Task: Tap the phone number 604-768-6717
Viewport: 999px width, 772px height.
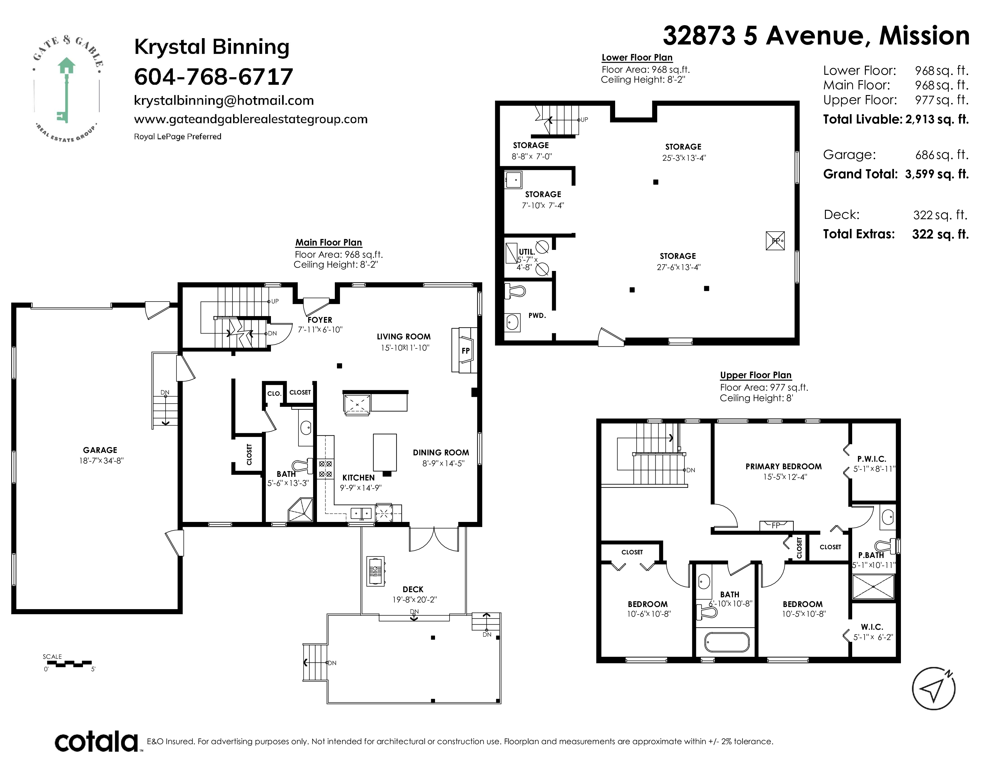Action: (213, 76)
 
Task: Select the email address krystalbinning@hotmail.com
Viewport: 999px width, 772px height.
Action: (224, 101)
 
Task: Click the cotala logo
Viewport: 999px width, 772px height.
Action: (97, 742)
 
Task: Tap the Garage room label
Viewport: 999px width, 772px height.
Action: (100, 450)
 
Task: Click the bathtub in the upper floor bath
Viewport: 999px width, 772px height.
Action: (727, 642)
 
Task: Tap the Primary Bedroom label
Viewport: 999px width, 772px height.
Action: (783, 467)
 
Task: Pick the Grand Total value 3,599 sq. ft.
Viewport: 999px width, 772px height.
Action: (937, 174)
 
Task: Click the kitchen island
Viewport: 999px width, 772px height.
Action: (385, 453)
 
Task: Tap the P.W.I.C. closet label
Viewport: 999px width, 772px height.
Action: (872, 459)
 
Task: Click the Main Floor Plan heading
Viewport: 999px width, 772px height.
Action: (328, 242)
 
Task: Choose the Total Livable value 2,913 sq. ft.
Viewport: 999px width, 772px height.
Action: (937, 119)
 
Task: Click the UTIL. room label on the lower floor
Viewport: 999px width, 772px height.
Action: (526, 252)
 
